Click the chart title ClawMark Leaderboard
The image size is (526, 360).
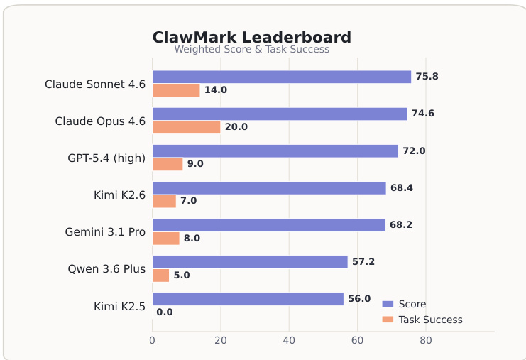tap(251, 37)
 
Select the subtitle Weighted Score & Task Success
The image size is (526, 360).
tap(251, 50)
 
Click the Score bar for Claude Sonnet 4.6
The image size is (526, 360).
tap(281, 77)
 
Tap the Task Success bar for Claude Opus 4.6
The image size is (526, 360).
tap(186, 127)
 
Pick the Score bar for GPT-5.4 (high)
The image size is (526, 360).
tap(275, 151)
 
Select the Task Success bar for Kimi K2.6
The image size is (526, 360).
tap(164, 201)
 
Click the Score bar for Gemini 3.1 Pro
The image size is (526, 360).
tap(268, 225)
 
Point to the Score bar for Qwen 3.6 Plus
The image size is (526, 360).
tap(250, 262)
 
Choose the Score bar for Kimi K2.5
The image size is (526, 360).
tap(248, 299)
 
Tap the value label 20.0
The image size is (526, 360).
tap(236, 127)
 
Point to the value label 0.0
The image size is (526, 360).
tap(165, 312)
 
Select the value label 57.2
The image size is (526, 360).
tap(363, 262)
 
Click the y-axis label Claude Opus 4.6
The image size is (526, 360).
tap(100, 121)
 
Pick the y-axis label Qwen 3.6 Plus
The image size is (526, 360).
tap(106, 269)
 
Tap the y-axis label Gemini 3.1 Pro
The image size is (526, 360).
tap(105, 232)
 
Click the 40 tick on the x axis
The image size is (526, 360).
tap(289, 341)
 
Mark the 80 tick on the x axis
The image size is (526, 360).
tap(426, 341)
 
